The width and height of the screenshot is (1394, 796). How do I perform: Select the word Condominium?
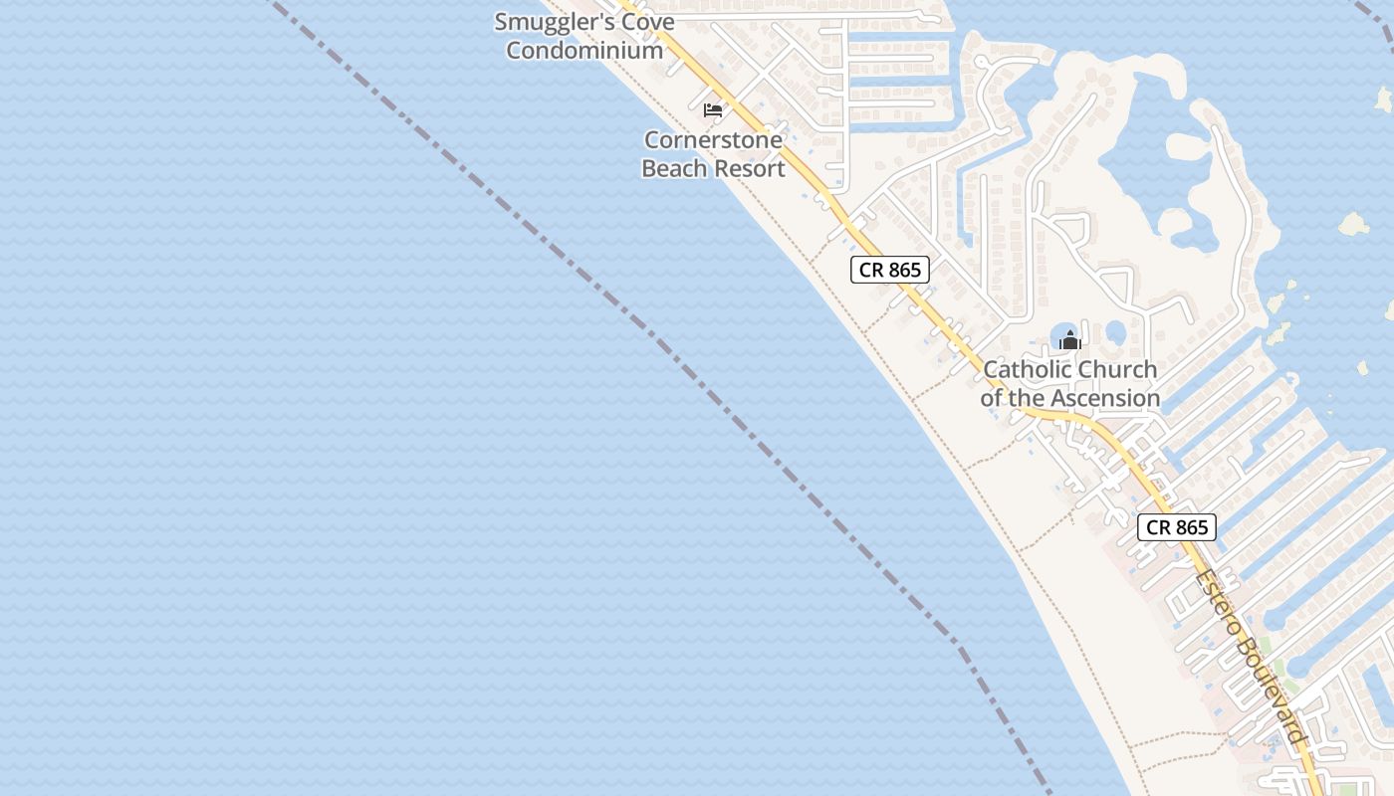[584, 50]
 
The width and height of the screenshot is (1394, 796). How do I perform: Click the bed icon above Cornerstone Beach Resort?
[713, 109]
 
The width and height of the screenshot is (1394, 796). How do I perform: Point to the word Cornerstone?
[713, 140]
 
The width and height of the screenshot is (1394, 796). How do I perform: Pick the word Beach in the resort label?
[679, 168]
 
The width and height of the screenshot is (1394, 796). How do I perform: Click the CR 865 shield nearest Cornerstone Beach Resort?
[890, 270]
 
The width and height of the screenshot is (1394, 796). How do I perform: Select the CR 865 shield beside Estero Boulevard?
[1177, 527]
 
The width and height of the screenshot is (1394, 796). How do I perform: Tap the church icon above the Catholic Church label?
[1069, 340]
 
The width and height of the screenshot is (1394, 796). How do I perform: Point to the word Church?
[1118, 369]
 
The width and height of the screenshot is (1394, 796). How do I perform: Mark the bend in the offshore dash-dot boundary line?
[958, 645]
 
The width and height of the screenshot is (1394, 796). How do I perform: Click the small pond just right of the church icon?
[1116, 331]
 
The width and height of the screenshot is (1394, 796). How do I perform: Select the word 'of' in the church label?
[993, 398]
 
